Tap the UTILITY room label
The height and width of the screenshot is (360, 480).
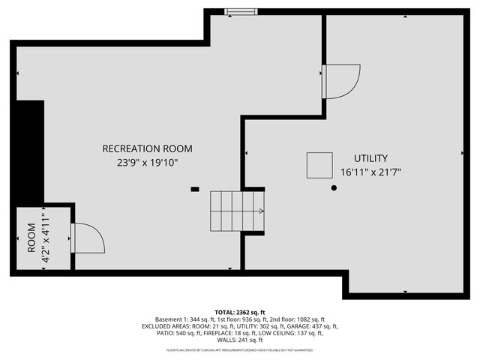point(370,158)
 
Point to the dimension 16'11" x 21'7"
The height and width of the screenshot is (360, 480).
point(370,172)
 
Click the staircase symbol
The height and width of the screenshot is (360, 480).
point(237,213)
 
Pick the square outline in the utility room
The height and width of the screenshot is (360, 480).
point(319,164)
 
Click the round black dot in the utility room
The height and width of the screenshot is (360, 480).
point(334,188)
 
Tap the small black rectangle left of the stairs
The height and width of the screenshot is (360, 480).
point(195,189)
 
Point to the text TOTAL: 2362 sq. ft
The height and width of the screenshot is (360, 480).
point(239,312)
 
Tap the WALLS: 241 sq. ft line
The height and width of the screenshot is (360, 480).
point(240,340)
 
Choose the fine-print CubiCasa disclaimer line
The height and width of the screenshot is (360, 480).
point(240,349)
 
